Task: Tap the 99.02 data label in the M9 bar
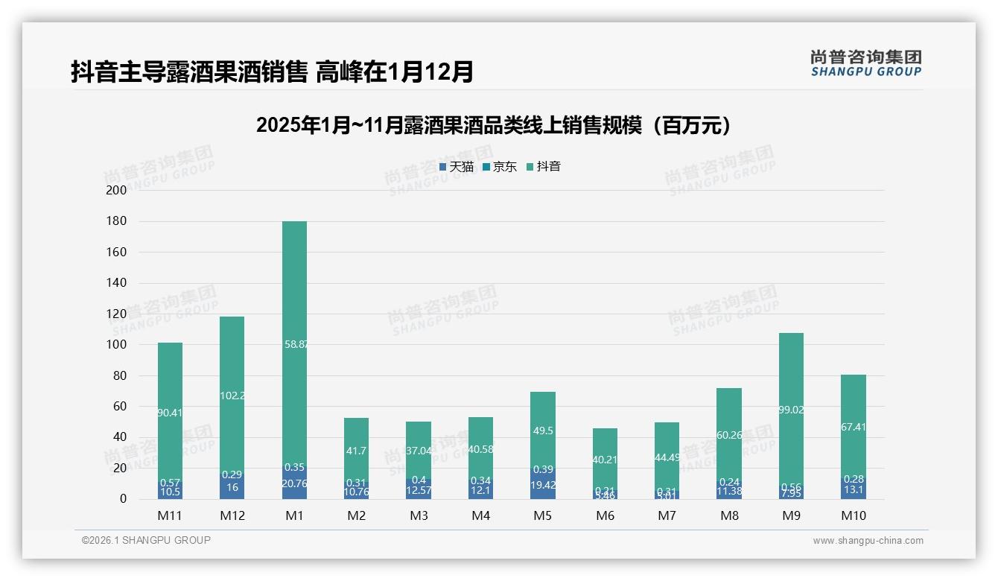(x=791, y=410)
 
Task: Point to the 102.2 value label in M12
(x=232, y=396)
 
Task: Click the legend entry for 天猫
(x=456, y=167)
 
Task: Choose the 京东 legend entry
(x=500, y=167)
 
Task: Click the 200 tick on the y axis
(x=116, y=190)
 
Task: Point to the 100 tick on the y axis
(x=116, y=345)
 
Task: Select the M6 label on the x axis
(x=605, y=515)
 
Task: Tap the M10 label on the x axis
(x=854, y=515)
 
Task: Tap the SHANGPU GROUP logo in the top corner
(x=865, y=63)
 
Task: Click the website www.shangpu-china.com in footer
(x=868, y=541)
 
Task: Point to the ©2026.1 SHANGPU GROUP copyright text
(x=146, y=540)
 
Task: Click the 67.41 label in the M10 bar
(x=854, y=428)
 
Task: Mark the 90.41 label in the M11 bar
(x=170, y=413)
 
